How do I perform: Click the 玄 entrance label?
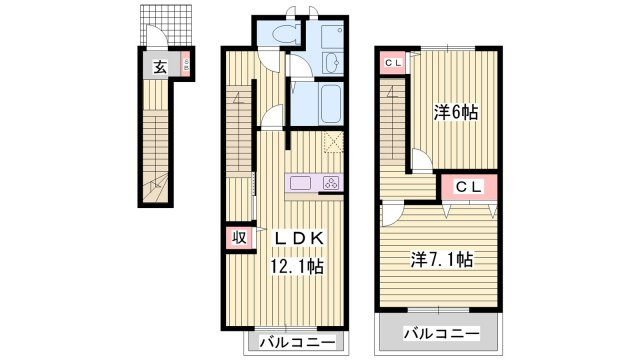[160, 67]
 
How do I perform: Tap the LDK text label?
[299, 238]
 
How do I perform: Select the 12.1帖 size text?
[298, 267]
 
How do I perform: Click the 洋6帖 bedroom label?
[455, 112]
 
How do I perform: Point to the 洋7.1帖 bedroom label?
[442, 259]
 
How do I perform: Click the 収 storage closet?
[240, 237]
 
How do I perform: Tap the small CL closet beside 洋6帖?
[393, 63]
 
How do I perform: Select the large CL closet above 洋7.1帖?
[469, 187]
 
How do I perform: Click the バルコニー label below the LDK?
[298, 342]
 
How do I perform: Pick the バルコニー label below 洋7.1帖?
[442, 334]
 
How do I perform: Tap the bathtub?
[331, 103]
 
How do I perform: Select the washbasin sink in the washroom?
[332, 63]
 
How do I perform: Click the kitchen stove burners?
[331, 183]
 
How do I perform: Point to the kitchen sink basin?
[300, 182]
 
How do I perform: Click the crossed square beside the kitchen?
[333, 142]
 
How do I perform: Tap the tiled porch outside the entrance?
[166, 25]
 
